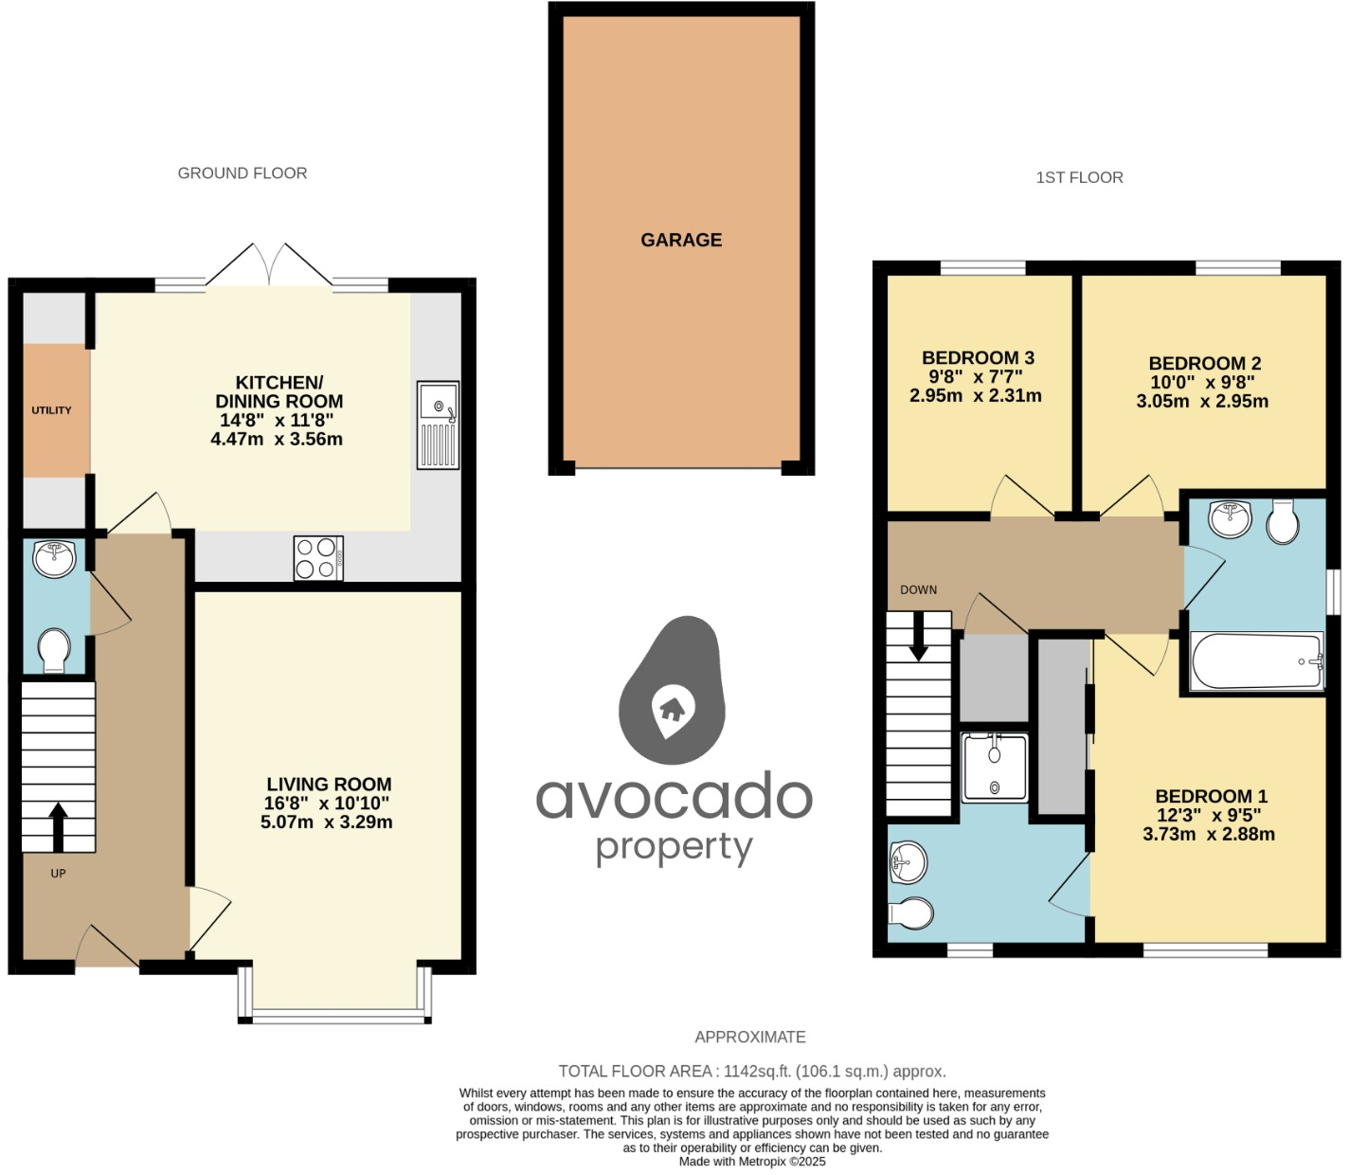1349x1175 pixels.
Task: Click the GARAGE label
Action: pos(681,240)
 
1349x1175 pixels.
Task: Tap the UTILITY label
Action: pos(51,410)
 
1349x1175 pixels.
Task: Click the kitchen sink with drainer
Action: pos(438,425)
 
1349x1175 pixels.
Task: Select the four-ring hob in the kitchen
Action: pos(318,558)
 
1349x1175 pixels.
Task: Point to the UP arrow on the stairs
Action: pos(59,825)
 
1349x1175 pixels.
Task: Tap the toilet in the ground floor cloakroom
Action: pos(54,651)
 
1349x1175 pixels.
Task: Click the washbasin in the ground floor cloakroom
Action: pos(54,558)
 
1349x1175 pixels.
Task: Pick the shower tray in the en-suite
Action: pos(994,768)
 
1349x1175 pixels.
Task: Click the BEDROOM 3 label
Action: pos(978,358)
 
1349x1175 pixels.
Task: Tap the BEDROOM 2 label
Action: pos(1204,364)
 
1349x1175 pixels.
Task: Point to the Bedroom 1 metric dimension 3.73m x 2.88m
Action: pos(1209,835)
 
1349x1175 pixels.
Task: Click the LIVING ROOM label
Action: pos(329,785)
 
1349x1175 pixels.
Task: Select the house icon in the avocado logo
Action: pos(672,708)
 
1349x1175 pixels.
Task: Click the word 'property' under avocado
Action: pos(674,847)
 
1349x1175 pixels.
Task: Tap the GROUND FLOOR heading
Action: pos(243,173)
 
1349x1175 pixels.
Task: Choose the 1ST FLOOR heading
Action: pos(1079,177)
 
